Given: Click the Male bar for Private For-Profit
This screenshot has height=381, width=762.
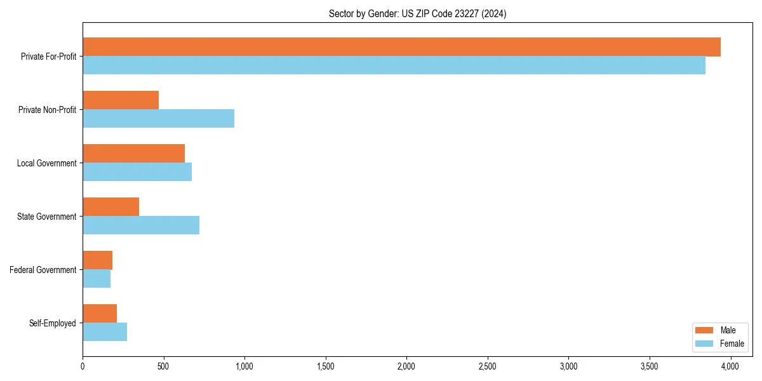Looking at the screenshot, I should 401,47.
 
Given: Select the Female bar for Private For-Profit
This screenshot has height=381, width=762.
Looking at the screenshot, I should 394,65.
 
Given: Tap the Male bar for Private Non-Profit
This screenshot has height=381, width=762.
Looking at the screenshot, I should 121,100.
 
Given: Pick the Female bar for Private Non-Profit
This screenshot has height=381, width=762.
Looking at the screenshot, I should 158,119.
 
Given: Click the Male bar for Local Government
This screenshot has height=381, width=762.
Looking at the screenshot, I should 133,154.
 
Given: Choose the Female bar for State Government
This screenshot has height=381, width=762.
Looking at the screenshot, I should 141,225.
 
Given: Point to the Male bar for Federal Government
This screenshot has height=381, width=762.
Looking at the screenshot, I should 98,260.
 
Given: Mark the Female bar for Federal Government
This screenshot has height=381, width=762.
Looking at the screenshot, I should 97,279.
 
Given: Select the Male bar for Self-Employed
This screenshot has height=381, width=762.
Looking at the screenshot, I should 100,314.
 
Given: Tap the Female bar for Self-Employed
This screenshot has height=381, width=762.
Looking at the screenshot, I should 105,332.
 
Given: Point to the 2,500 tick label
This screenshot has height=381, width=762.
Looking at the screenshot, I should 487,366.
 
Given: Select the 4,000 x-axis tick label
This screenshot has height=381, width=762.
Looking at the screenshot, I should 730,366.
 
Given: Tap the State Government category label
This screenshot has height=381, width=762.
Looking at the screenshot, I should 46,217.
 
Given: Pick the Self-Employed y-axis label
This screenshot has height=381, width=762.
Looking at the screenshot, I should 53,323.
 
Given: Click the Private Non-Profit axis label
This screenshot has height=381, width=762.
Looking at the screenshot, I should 47,110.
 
